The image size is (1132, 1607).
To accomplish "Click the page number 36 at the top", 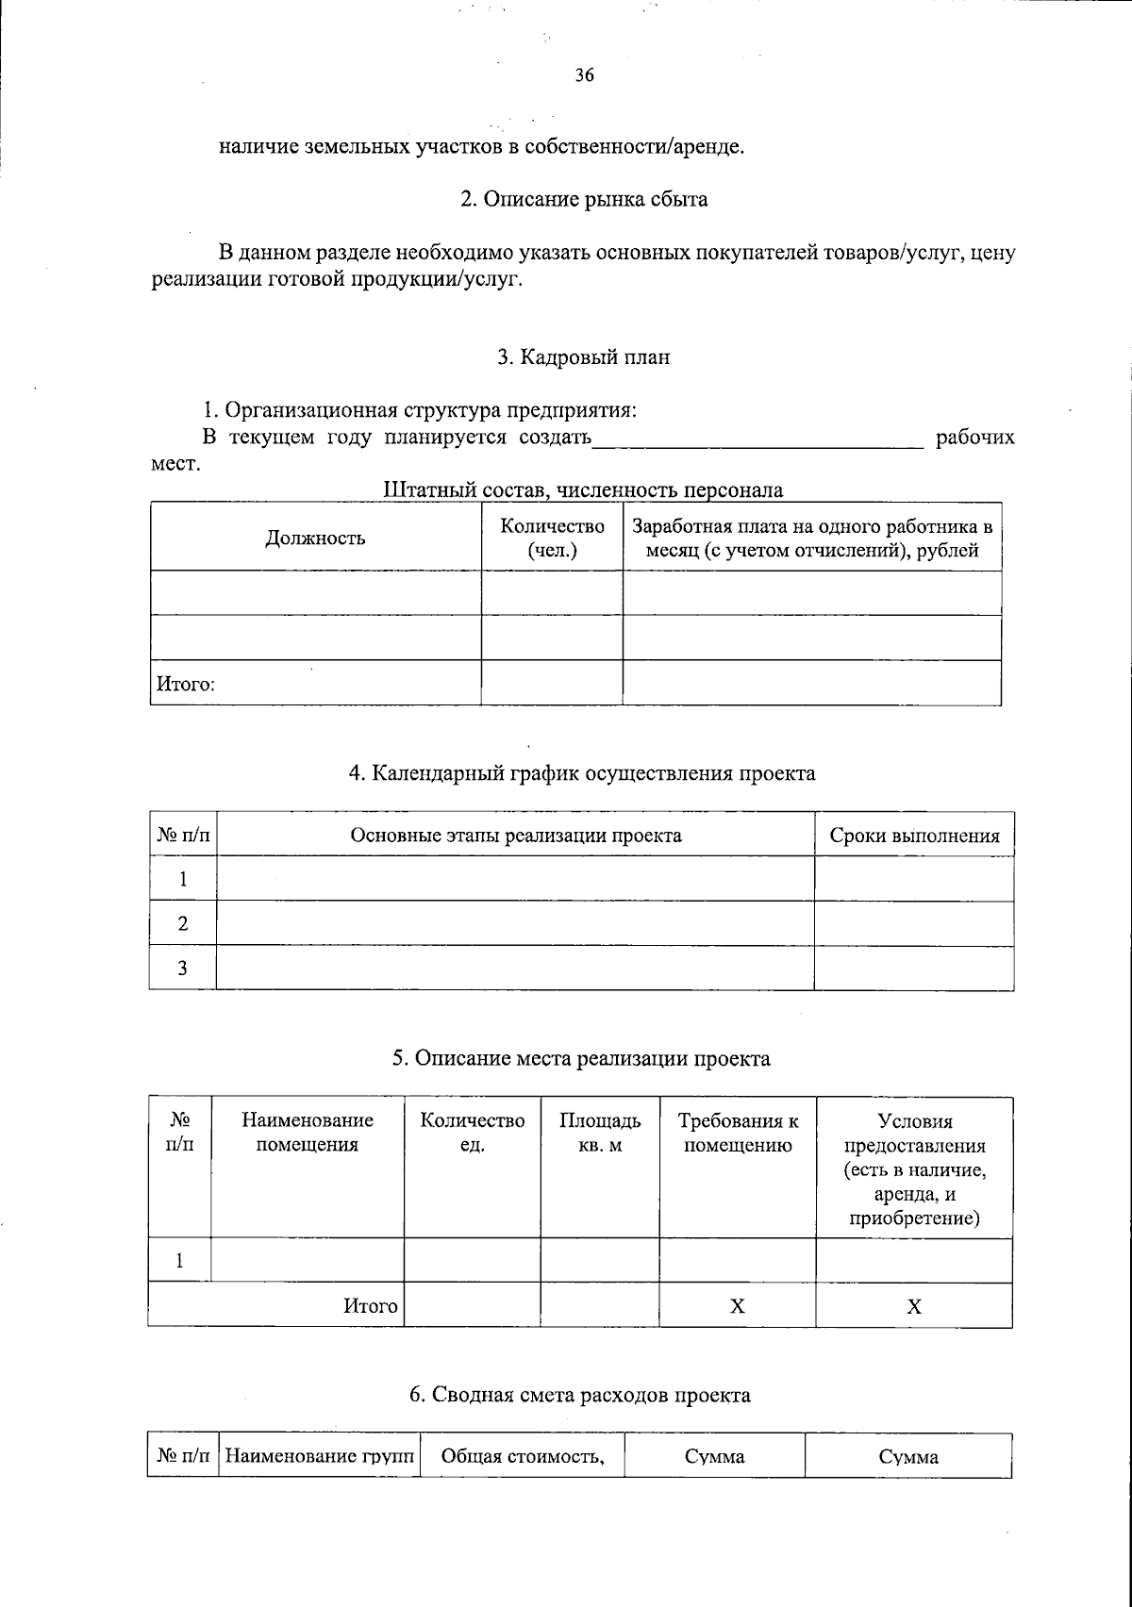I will click(x=584, y=77).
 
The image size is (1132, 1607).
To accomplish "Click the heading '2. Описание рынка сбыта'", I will click(x=583, y=200).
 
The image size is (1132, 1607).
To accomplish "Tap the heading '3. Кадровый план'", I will click(x=583, y=357).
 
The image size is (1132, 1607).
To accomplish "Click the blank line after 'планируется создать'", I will click(x=757, y=439).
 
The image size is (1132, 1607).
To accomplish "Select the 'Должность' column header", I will click(x=315, y=538).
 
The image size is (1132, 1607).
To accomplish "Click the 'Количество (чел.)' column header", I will click(x=552, y=538).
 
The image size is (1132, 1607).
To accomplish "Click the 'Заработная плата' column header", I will click(x=812, y=538).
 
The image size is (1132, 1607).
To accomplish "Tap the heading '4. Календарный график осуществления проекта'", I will click(x=582, y=774).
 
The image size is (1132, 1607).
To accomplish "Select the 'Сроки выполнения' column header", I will click(x=914, y=836).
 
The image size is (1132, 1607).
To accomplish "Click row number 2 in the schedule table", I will click(x=183, y=924).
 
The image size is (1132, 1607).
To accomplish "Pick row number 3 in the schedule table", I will click(x=183, y=969).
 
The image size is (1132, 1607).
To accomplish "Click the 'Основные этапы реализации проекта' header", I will click(x=515, y=836).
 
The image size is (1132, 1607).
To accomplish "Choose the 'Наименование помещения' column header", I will click(x=308, y=1133).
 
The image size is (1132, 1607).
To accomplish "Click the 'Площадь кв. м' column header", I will click(x=600, y=1133).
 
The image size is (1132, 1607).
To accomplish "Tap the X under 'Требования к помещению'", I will click(x=738, y=1306).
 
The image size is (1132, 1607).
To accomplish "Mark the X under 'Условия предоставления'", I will click(x=914, y=1306).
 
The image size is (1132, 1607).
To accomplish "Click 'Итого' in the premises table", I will click(x=370, y=1306).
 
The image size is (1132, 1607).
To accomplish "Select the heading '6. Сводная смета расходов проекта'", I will click(x=580, y=1395).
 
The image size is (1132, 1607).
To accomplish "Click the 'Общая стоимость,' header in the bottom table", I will click(x=523, y=1457).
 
